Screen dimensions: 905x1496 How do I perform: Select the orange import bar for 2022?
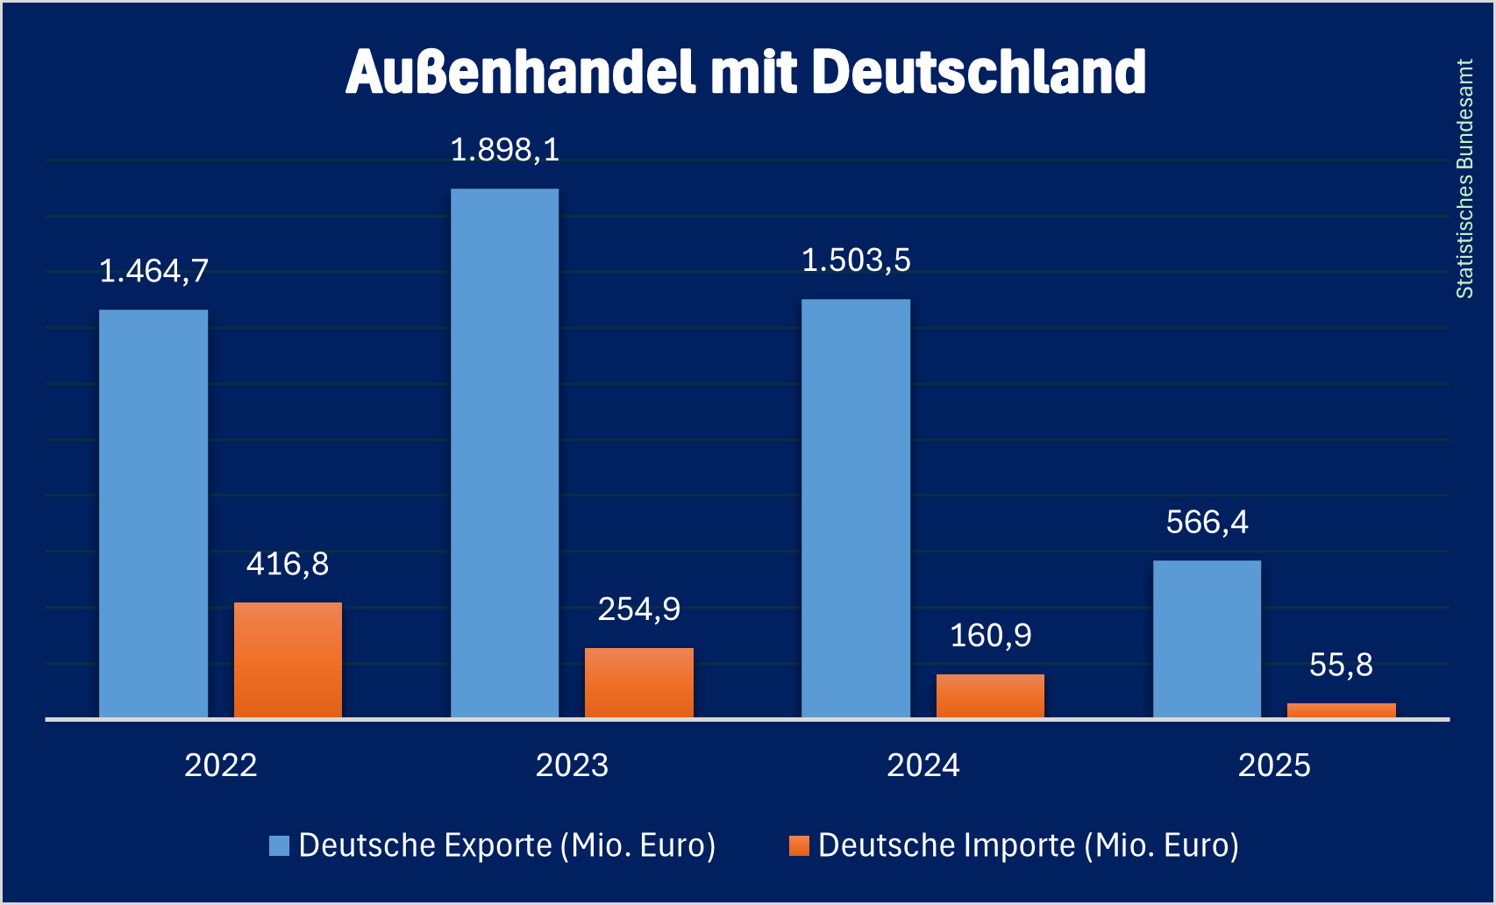pos(288,659)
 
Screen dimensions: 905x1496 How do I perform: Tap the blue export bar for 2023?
pos(504,452)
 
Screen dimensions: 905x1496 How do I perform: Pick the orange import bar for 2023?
pos(638,682)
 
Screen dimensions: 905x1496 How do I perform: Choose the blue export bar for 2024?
pos(856,508)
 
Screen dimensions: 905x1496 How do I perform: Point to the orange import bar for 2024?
pos(990,695)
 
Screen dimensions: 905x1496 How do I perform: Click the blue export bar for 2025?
pos(1207,638)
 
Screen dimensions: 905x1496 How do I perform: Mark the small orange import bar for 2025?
pos(1341,710)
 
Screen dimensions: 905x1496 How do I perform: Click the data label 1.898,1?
pos(504,150)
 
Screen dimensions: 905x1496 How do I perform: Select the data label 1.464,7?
pos(153,271)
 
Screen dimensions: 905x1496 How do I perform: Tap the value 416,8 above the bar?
pos(288,564)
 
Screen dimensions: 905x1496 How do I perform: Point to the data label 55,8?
pos(1341,665)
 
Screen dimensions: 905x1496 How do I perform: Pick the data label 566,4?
pos(1207,523)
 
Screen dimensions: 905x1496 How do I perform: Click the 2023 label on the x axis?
pos(572,766)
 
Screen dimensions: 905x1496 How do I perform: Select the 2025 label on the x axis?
pos(1274,766)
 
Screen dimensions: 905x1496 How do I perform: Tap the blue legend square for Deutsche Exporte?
pos(279,845)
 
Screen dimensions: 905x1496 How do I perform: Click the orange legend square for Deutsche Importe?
pos(799,845)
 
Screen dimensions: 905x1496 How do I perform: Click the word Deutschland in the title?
pos(979,72)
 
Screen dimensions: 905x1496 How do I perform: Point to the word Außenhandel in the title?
pos(521,72)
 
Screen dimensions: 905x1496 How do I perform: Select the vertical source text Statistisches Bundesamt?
pos(1464,179)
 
